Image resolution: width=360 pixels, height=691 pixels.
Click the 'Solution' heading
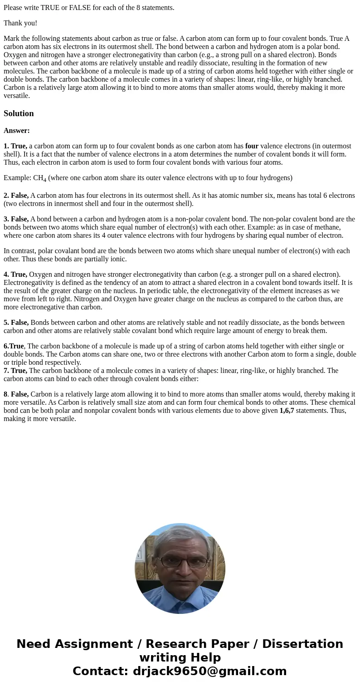pos(19,113)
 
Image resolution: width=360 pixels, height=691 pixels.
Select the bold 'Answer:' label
pos(17,131)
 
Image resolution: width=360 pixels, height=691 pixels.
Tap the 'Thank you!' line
pos(20,23)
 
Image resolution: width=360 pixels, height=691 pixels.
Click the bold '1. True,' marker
pos(15,146)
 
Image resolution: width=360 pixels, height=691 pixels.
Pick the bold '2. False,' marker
pos(16,196)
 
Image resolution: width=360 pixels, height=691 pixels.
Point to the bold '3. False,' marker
pos(16,219)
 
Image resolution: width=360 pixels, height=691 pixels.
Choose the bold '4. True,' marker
pos(15,274)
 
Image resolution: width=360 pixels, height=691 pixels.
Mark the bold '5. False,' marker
pos(16,323)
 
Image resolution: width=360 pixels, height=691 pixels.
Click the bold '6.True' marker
pos(14,346)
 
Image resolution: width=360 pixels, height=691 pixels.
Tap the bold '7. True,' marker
pos(15,371)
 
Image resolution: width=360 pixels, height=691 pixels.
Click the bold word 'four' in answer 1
pos(252,146)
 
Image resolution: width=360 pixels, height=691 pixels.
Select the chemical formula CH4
pos(39,178)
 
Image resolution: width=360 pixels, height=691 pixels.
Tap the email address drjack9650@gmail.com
pos(209,671)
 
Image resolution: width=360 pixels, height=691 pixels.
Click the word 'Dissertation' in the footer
pos(302,644)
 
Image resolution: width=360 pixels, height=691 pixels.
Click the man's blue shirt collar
pos(180,598)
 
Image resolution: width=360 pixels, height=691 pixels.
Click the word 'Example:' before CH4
pos(17,178)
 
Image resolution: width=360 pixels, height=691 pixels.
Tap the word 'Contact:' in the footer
pos(101,671)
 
